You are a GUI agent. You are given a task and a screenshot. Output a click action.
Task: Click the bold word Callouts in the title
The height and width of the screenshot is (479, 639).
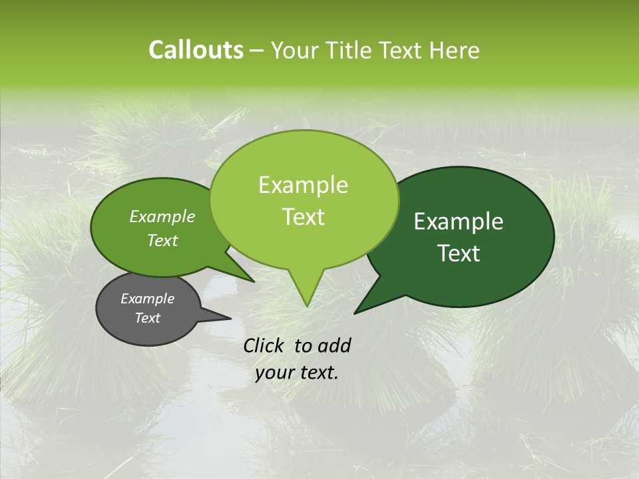click(x=196, y=50)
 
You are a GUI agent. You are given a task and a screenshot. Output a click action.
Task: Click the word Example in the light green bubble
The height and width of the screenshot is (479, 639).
click(x=303, y=185)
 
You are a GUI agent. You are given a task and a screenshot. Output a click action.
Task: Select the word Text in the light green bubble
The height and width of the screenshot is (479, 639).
click(x=303, y=217)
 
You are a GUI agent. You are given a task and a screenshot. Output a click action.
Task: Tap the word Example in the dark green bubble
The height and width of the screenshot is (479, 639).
click(x=459, y=222)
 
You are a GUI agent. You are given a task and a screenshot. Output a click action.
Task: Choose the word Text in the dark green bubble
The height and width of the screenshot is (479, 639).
click(x=459, y=253)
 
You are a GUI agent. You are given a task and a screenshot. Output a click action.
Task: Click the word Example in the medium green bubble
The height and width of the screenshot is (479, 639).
click(x=162, y=216)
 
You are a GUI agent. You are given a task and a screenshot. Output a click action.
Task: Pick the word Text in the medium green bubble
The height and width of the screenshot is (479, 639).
click(x=162, y=240)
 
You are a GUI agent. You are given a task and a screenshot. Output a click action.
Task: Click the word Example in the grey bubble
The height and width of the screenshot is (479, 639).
click(x=147, y=299)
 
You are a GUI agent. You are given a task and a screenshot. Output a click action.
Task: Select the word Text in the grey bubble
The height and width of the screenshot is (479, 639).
click(x=147, y=318)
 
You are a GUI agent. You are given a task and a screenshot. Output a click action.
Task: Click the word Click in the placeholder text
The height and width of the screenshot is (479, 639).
click(x=265, y=345)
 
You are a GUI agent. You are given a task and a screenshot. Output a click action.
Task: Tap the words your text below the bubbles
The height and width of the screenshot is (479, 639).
click(x=296, y=373)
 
